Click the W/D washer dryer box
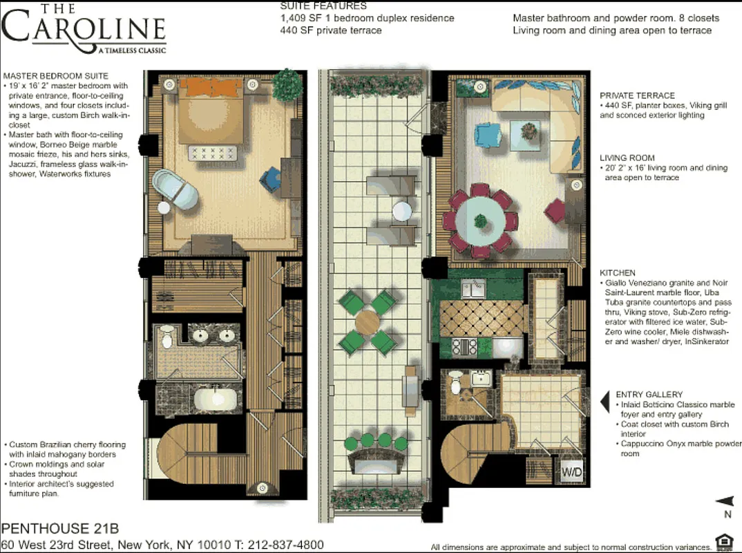tap(571, 473)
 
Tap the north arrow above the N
tap(724, 501)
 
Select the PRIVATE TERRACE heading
tap(637, 95)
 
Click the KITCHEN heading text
tap(618, 273)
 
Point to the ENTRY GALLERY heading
tap(649, 394)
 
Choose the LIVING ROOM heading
tap(627, 158)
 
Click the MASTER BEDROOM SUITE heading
tap(55, 75)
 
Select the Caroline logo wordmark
tap(84, 28)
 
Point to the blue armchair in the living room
tap(488, 133)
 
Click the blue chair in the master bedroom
tap(269, 178)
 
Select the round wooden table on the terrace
tap(367, 321)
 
